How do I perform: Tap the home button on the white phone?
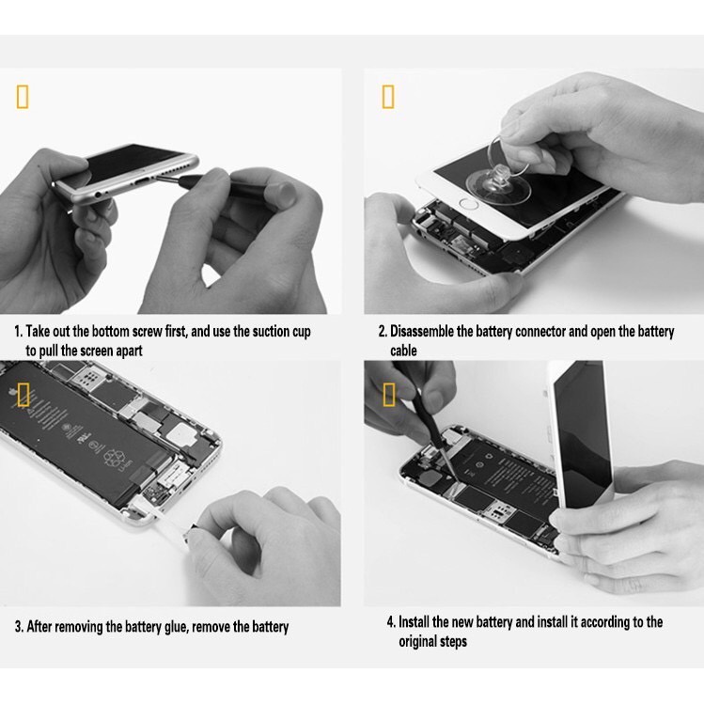pos(470,204)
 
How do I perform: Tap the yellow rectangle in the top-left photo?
pos(23,97)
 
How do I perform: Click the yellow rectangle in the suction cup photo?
pos(388,97)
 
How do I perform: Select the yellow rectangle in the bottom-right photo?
pos(389,394)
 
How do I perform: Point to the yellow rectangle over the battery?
pos(23,394)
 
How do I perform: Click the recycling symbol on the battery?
pos(112,458)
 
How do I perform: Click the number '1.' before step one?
pos(19,332)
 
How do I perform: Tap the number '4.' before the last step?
pos(392,622)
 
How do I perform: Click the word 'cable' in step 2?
pos(403,351)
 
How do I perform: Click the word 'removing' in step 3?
pos(79,627)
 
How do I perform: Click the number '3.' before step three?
pos(20,627)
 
